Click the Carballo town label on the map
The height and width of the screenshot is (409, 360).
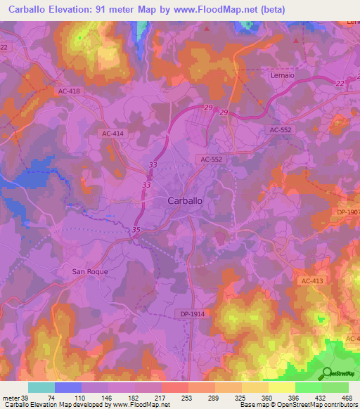(x=187, y=200)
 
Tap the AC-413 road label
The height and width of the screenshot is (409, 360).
(x=314, y=280)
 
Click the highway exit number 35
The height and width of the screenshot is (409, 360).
(x=136, y=230)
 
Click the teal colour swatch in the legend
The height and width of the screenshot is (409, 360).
(x=41, y=387)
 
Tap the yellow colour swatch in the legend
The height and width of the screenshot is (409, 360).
(x=281, y=387)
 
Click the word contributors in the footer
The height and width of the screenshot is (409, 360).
(x=336, y=405)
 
